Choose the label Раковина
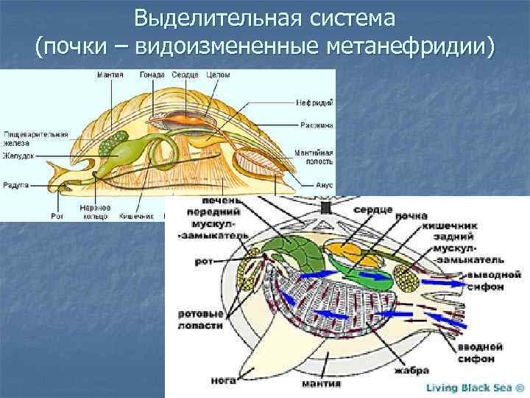[x=317, y=125]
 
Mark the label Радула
[x=15, y=186]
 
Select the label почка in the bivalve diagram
[x=411, y=217]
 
